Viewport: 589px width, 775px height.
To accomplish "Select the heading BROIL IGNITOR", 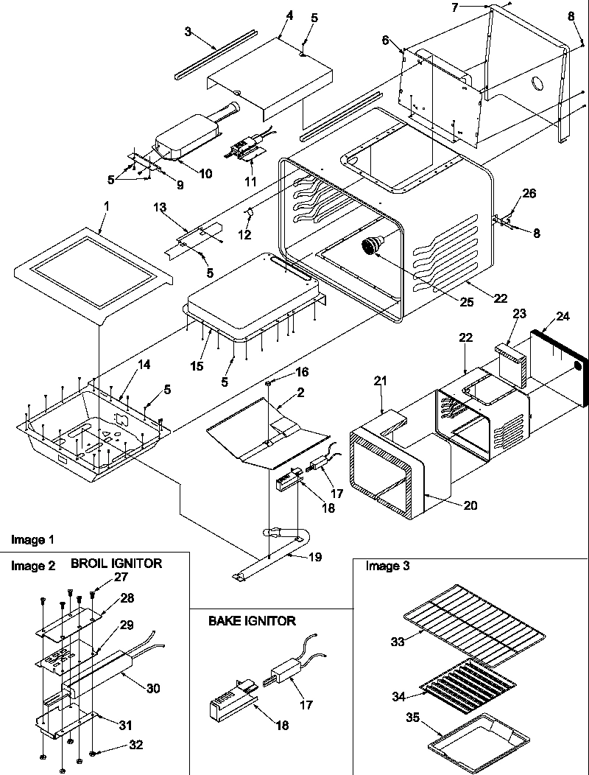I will coord(116,564).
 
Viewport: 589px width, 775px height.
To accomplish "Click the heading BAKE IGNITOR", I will coord(252,621).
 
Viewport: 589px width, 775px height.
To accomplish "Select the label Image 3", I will coord(387,566).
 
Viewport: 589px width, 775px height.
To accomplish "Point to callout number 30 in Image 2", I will coord(153,688).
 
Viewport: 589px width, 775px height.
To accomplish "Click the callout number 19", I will coord(314,558).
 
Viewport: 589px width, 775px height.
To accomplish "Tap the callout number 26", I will coord(529,193).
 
